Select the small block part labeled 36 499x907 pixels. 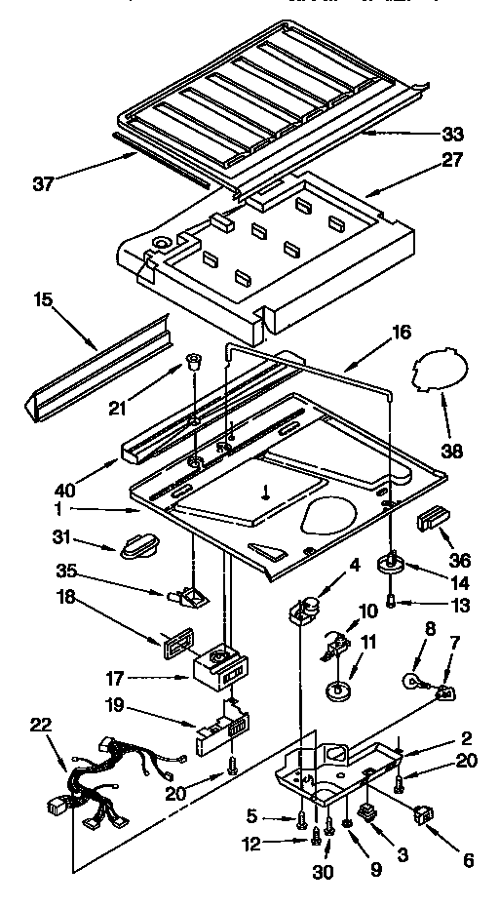pyautogui.click(x=431, y=521)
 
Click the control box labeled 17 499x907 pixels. pyautogui.click(x=220, y=669)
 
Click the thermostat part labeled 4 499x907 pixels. pyautogui.click(x=307, y=611)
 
